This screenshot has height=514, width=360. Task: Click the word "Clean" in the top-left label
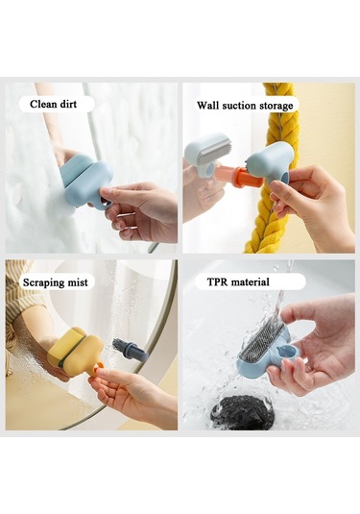[x=42, y=105]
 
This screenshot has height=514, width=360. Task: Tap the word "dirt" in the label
[x=67, y=105]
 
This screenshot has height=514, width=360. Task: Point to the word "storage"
[x=276, y=107]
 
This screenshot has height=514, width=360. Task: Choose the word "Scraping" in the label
[x=41, y=282]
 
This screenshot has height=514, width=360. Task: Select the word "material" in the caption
[x=251, y=281]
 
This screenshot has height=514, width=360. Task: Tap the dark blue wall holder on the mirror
[x=130, y=350]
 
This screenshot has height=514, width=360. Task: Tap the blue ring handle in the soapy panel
[x=106, y=204]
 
